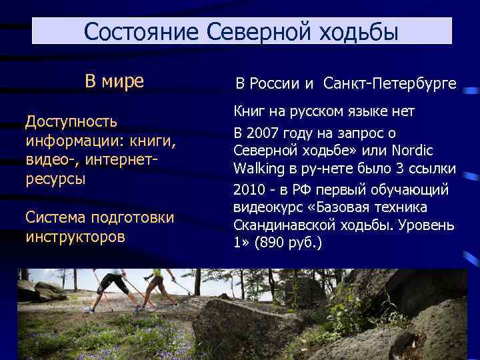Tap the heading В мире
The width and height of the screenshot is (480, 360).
click(114, 81)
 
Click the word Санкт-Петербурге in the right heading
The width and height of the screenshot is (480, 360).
click(390, 84)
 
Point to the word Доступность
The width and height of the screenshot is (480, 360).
click(71, 121)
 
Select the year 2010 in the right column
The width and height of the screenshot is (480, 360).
click(248, 190)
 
